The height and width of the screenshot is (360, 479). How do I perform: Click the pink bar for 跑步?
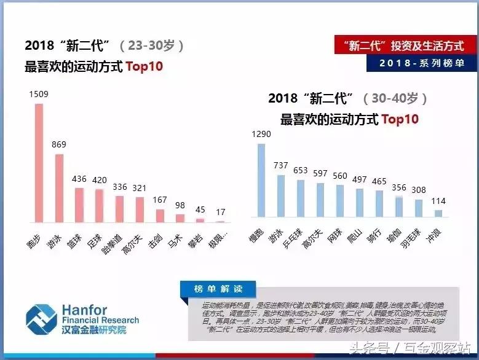pos(39,163)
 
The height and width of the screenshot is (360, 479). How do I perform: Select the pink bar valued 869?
pos(59,188)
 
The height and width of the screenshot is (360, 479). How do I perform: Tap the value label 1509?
pos(39,94)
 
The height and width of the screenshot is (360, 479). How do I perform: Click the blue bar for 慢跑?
pos(261,181)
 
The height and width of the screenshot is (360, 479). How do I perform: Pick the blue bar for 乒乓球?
pos(300,198)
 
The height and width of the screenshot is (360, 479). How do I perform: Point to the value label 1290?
pos(261,134)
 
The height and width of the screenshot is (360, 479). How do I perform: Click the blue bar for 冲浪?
pos(438,213)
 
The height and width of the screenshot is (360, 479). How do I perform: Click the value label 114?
pos(438,201)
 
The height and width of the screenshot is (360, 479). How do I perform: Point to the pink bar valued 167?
pos(160,216)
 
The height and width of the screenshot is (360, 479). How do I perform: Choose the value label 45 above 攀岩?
pos(200,209)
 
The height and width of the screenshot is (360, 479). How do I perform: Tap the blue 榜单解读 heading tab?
pos(218,289)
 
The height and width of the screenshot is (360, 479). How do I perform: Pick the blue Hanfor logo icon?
pos(41,319)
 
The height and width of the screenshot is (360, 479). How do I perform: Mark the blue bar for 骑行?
pos(379,203)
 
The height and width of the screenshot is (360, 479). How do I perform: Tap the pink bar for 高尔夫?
pos(140,209)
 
